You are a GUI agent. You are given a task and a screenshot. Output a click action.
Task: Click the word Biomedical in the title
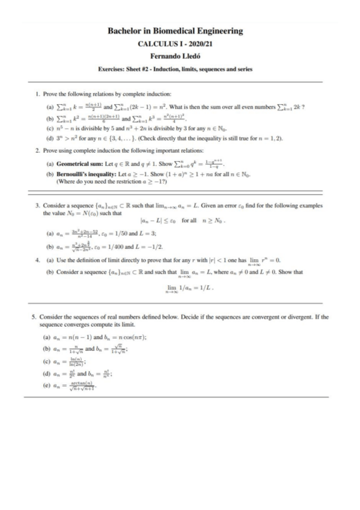click(171, 31)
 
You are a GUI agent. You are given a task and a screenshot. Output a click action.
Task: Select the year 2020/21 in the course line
click(195, 44)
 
